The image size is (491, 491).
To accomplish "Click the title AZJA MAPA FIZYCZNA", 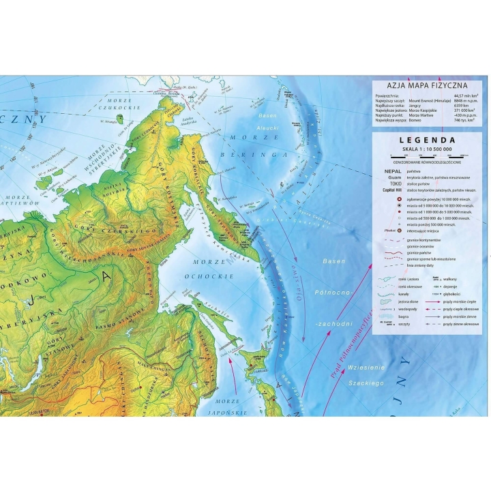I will coord(427,85).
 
